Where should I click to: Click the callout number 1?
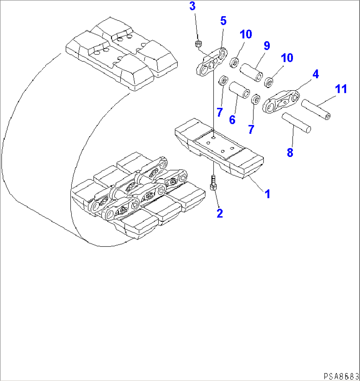(268, 194)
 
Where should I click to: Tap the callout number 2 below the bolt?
(220, 213)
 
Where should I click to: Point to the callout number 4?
(316, 74)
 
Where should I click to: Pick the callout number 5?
(223, 21)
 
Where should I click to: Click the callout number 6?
(232, 120)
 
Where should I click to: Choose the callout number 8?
(290, 152)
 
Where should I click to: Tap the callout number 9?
(266, 46)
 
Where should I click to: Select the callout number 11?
(341, 89)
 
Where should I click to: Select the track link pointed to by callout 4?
(281, 101)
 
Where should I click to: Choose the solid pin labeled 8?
(296, 123)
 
